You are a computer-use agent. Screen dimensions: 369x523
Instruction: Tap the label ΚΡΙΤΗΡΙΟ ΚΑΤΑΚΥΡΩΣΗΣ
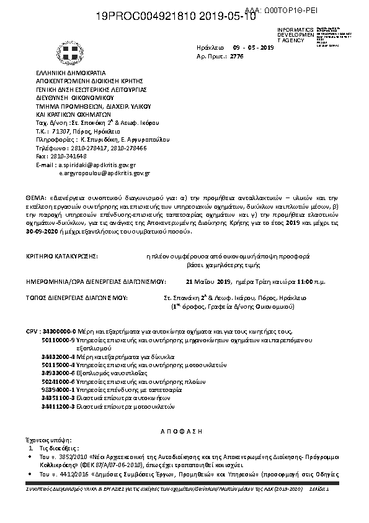pos(61,255)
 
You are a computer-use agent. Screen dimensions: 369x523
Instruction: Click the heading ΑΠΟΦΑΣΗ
pos(185,430)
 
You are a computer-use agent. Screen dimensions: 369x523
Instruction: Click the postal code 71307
pos(63,132)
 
